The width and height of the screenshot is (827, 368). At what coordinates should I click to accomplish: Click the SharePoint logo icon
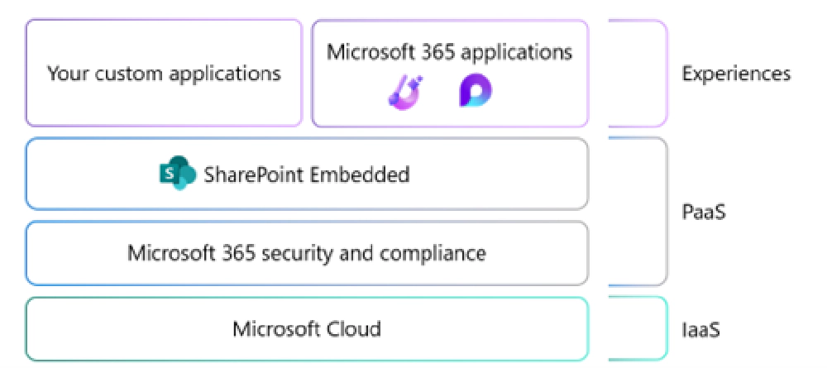(176, 174)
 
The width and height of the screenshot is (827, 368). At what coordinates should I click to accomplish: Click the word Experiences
(736, 74)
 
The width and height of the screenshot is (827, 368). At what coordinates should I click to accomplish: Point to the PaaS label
(704, 213)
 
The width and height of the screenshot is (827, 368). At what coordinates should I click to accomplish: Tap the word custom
(123, 73)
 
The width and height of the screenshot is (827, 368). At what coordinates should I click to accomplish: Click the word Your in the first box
(64, 73)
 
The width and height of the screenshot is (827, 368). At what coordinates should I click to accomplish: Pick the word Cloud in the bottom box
(351, 329)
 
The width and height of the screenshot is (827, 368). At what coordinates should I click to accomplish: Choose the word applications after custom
(225, 73)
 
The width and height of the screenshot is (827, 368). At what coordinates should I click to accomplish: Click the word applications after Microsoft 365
(516, 52)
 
